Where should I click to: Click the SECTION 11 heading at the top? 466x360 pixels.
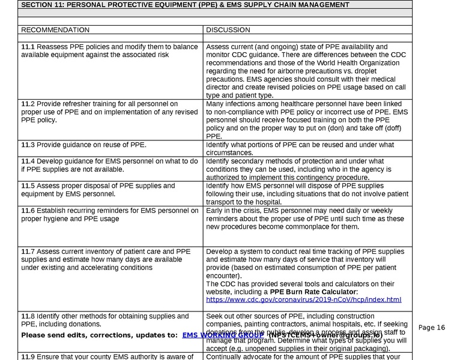185,5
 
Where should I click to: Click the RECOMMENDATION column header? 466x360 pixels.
55,30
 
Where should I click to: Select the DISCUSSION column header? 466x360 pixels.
228,30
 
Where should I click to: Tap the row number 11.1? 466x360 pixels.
28,47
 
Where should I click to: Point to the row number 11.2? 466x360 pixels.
28,104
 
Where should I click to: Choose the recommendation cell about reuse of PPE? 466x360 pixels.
84,145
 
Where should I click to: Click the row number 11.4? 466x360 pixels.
28,161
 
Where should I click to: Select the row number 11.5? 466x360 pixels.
28,186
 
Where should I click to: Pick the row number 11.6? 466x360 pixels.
28,211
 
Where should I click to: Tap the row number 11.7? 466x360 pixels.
28,251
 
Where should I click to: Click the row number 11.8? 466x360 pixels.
28,316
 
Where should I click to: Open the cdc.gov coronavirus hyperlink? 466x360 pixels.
303,299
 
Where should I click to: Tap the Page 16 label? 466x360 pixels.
432,328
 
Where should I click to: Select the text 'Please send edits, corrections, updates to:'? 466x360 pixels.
99,335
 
